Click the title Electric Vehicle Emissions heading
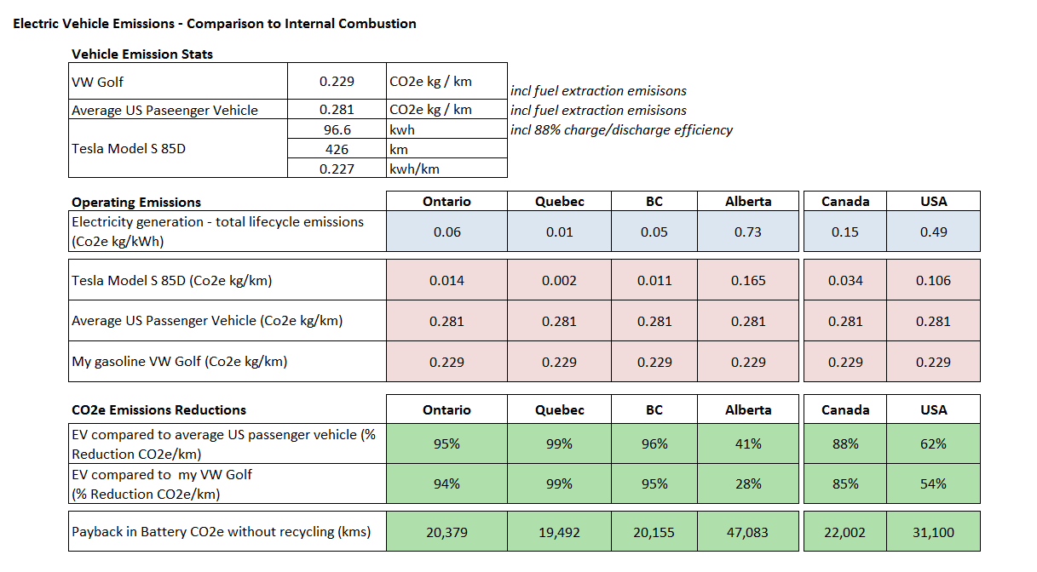coord(215,24)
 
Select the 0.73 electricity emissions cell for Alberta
coord(747,232)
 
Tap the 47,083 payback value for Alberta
coord(747,532)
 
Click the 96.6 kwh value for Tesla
coord(337,129)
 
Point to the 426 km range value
coord(337,149)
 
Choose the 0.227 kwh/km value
coord(337,169)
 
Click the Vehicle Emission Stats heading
coord(142,54)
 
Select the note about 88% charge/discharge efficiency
coord(622,130)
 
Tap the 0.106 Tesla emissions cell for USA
coord(933,280)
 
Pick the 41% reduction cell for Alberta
coord(748,444)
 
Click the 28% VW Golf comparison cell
coord(748,483)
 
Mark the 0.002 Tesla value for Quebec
coord(559,280)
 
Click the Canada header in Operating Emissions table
coord(845,202)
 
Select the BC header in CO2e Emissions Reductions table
coord(654,409)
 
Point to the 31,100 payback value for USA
coord(933,532)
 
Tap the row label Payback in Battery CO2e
coord(222,532)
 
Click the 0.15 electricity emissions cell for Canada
coord(845,232)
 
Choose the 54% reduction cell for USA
coord(933,483)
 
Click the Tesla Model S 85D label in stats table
coord(128,148)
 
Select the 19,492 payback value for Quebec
coord(559,532)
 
